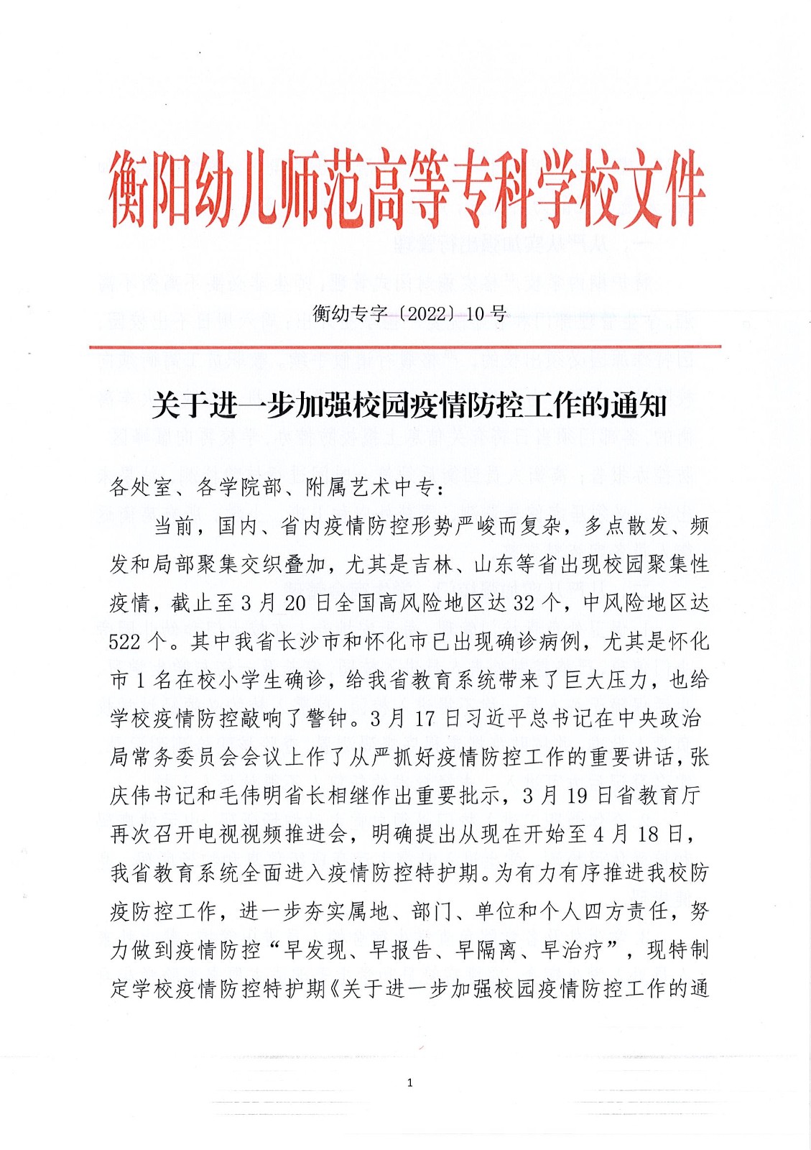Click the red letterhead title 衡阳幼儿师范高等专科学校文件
point(407,189)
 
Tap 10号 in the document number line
point(486,314)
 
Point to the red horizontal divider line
point(405,347)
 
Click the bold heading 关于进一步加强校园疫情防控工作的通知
point(409,406)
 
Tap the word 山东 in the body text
point(496,564)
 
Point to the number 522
point(125,642)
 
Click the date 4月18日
point(638,834)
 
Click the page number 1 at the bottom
point(409,1082)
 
